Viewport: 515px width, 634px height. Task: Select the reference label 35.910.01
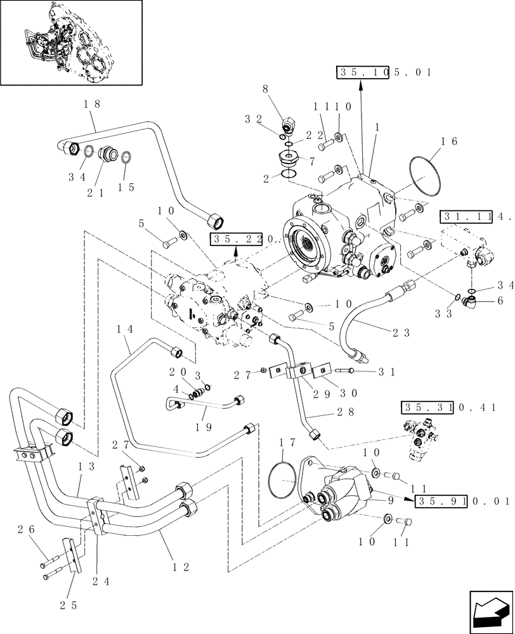pyautogui.click(x=463, y=501)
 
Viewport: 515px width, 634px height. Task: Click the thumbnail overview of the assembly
pyautogui.click(x=71, y=42)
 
